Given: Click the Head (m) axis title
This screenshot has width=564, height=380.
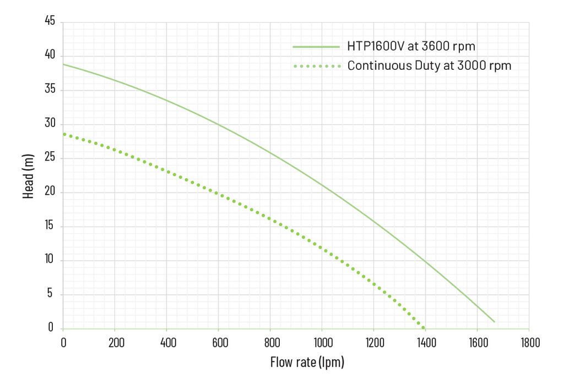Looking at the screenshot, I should (x=29, y=175).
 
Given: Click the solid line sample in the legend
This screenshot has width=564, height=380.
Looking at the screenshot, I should (x=316, y=47).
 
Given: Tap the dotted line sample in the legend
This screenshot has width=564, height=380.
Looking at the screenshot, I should (x=316, y=66).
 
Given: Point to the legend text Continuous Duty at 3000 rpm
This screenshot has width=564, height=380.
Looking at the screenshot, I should (x=429, y=66).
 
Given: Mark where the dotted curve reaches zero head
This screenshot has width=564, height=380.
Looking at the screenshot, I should (x=423, y=328).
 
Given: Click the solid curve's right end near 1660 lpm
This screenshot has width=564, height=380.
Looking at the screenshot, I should (x=494, y=322).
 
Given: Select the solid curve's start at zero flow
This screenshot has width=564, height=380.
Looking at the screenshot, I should (x=63, y=64).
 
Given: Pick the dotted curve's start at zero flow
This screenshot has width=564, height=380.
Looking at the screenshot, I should (x=63, y=134).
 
